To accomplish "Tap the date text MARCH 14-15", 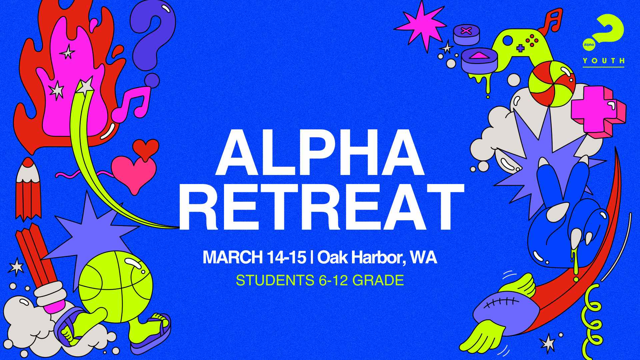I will [254, 258].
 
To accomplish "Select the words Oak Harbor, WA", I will [377, 258].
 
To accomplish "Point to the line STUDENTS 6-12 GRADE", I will [320, 280].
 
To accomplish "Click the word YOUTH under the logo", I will [603, 61].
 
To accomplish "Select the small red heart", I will [146, 147].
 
